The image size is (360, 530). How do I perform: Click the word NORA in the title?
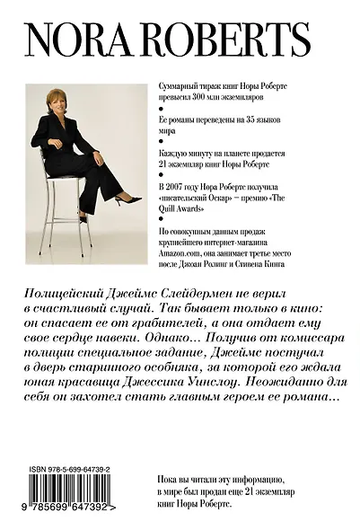click(x=77, y=40)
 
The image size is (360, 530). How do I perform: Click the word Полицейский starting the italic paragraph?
click(x=68, y=296)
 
